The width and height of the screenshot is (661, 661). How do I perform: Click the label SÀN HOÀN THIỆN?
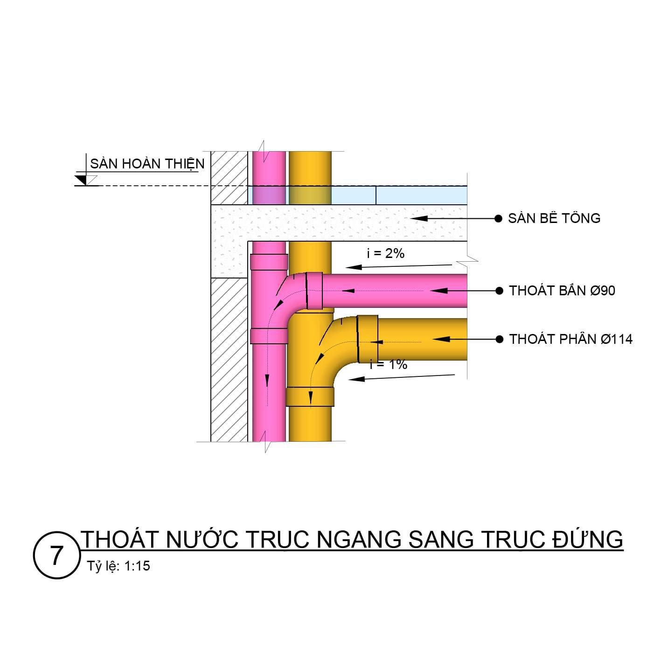(x=147, y=164)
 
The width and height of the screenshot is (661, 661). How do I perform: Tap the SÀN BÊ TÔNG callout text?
(x=554, y=218)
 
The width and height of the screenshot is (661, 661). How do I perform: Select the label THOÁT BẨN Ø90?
(x=562, y=291)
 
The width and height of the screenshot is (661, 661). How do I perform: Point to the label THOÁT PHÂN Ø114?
(x=571, y=339)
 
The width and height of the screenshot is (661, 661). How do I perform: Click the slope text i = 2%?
(x=385, y=253)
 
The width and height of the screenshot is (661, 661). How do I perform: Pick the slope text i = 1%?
(x=389, y=364)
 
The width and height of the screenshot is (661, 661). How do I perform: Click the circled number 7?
(x=56, y=556)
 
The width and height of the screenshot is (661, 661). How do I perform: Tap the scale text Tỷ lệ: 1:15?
(x=118, y=566)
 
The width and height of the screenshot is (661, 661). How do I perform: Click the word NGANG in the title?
(x=359, y=540)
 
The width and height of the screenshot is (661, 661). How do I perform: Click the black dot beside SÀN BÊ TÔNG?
(x=498, y=218)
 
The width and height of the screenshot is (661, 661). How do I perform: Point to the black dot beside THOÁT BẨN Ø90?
(x=499, y=291)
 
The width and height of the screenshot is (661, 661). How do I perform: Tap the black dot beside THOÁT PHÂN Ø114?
(x=499, y=339)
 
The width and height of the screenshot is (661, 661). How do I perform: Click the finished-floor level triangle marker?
(x=83, y=180)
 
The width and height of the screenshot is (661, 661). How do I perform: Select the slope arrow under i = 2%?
(x=399, y=266)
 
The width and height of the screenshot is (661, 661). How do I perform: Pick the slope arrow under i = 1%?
(x=401, y=377)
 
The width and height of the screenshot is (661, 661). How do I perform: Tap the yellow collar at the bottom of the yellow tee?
(x=310, y=397)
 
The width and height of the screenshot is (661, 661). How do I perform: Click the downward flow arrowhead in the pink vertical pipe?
(x=267, y=381)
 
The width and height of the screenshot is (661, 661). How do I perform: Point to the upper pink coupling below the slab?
(x=269, y=262)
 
